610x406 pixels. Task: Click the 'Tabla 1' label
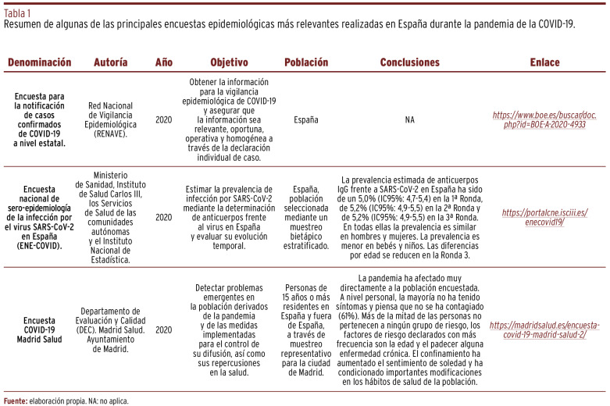(x=18, y=12)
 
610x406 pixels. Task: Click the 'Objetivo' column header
(x=229, y=62)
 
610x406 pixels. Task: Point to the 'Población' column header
(x=306, y=62)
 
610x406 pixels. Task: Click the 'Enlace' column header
(x=544, y=62)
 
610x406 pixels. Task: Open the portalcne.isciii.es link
(x=544, y=217)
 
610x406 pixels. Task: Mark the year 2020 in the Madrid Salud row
(x=164, y=329)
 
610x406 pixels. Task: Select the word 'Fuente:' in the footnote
(x=16, y=401)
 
